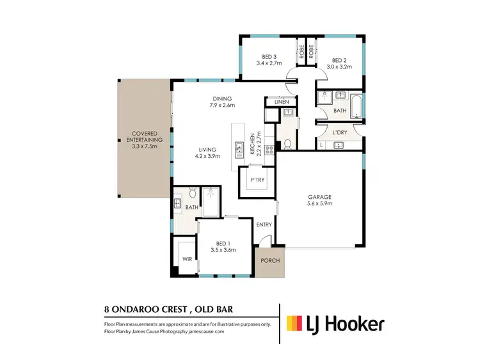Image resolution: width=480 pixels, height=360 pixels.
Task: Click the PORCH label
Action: (269, 261)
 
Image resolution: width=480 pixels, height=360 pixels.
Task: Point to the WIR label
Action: (187, 259)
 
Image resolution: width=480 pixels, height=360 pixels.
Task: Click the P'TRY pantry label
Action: (257, 180)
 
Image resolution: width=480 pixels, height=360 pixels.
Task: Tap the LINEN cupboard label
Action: (282, 102)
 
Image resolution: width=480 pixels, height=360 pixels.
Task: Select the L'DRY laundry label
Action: (339, 132)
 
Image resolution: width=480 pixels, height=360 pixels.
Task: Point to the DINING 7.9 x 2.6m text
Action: (223, 102)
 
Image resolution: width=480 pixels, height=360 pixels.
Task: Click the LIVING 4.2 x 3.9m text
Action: (207, 152)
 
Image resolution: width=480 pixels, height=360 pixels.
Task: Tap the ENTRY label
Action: (264, 224)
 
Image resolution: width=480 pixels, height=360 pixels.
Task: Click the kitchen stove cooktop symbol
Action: (269, 151)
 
